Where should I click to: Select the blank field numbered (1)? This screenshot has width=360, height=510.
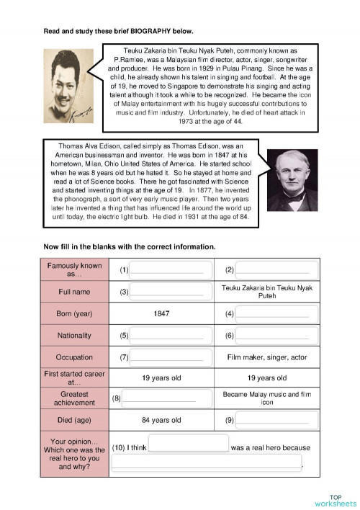click(x=167, y=270)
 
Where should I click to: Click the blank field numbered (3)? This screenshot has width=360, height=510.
click(x=167, y=292)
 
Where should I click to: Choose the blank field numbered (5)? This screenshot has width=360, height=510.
click(x=167, y=336)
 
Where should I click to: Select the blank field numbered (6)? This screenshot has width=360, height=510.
click(x=272, y=336)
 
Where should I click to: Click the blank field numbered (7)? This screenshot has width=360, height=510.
click(x=167, y=357)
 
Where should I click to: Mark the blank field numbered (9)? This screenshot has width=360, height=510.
click(x=272, y=420)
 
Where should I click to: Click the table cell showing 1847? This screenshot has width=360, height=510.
click(x=161, y=314)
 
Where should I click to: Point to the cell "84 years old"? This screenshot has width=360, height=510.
click(x=161, y=420)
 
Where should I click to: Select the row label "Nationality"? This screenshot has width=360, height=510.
click(x=75, y=336)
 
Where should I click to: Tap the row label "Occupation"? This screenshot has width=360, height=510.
click(x=75, y=357)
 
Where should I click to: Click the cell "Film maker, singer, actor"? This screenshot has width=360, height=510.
click(x=266, y=357)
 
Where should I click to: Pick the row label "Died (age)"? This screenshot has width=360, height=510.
click(x=75, y=420)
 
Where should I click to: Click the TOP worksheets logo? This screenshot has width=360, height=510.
click(x=335, y=500)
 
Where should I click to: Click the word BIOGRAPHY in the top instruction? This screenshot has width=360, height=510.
click(x=149, y=31)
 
